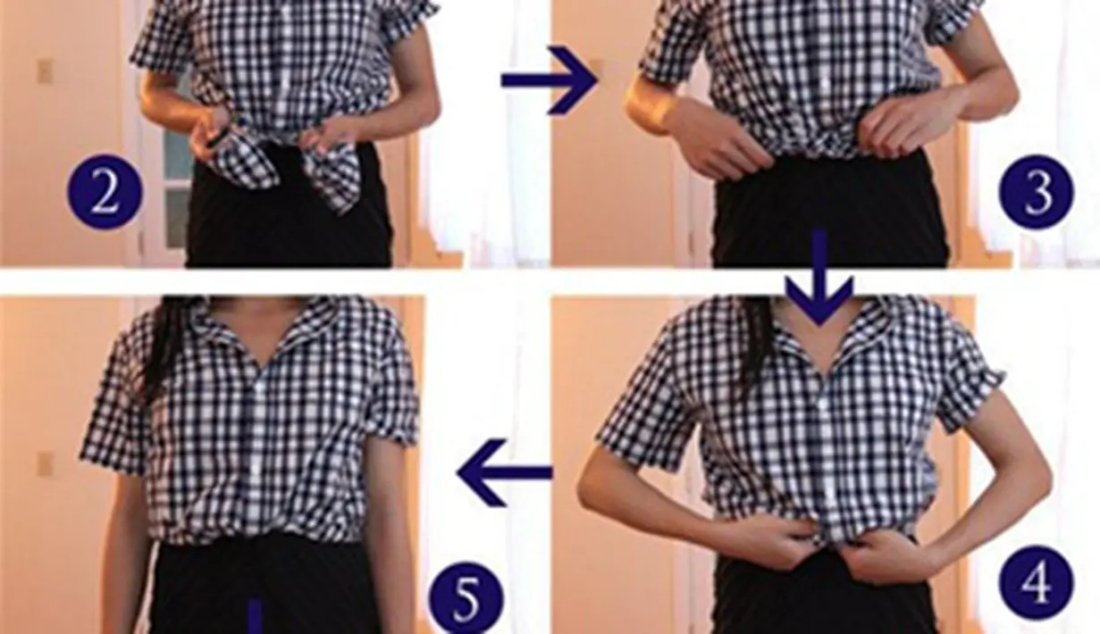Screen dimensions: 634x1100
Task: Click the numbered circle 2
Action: pos(105,192)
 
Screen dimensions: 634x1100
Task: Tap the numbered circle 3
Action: pos(1037,192)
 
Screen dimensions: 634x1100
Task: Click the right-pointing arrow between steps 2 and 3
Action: pos(548,81)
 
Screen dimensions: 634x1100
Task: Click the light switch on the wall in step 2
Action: pos(44,71)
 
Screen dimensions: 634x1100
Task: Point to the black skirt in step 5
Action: pos(268,589)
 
